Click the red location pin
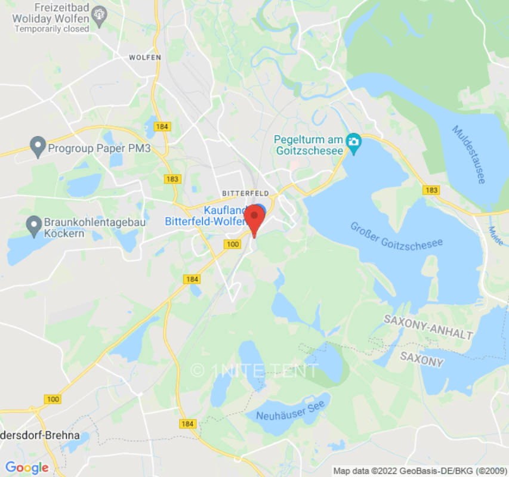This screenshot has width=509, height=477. pos(255,219)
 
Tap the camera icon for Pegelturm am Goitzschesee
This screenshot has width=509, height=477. pos(354,143)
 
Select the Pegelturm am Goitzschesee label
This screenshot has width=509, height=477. pos(309,145)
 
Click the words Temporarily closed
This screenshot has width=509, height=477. pos(51,29)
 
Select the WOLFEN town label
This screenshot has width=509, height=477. pos(145,57)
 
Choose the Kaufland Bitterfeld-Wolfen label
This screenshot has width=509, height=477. pos(206,216)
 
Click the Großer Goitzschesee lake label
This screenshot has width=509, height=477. pos(396,236)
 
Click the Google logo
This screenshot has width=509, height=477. pos(27,467)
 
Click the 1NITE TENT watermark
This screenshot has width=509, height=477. pos(255,370)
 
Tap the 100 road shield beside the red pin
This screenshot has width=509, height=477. pos(232,244)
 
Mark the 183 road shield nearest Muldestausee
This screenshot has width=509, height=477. pos(431,190)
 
